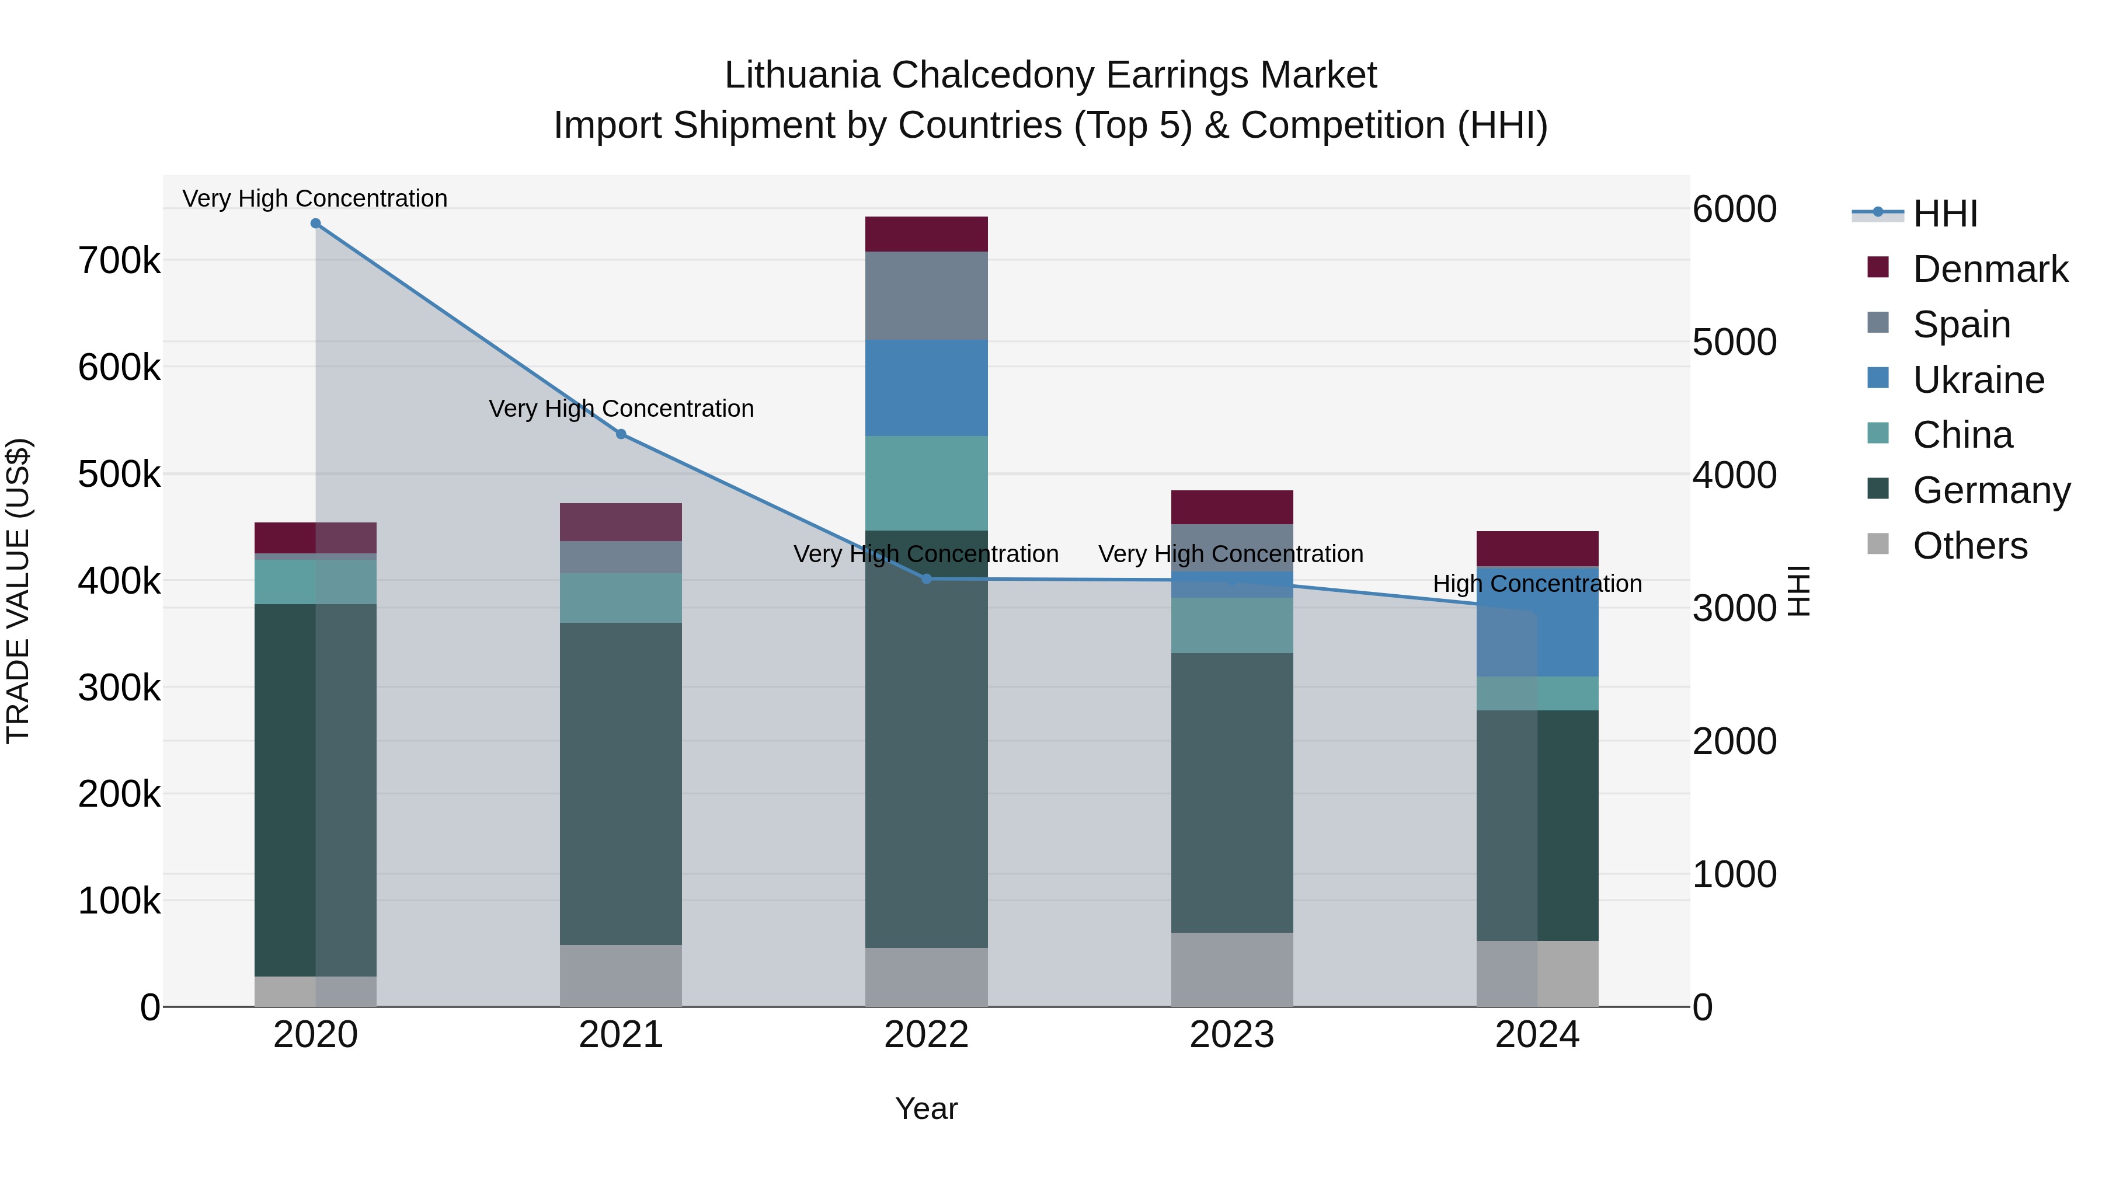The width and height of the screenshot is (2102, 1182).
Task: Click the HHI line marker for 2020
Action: click(x=316, y=224)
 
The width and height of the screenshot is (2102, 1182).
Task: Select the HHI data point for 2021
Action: click(x=621, y=434)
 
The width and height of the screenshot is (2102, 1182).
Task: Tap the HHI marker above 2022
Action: click(x=926, y=579)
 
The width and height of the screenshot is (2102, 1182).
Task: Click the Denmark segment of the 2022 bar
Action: click(x=926, y=234)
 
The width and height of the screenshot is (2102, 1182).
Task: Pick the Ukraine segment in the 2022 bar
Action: click(x=926, y=388)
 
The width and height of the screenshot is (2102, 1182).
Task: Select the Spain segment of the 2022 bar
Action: click(x=926, y=295)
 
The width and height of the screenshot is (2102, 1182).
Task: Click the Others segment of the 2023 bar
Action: click(x=1231, y=969)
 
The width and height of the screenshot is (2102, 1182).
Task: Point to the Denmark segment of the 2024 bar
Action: click(x=1537, y=548)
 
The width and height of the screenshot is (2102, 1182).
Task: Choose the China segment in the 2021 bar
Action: click(x=621, y=598)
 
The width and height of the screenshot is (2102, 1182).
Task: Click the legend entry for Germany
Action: click(x=1990, y=490)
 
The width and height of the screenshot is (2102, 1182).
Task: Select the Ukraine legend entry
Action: click(x=1978, y=380)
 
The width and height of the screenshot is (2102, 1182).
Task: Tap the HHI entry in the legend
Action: click(x=1944, y=214)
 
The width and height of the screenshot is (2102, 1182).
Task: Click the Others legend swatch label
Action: click(x=1969, y=546)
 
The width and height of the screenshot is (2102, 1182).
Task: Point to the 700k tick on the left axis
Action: click(x=119, y=261)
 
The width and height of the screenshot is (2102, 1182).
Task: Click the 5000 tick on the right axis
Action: click(x=1734, y=342)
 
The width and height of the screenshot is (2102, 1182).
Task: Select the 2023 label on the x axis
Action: click(x=1231, y=1034)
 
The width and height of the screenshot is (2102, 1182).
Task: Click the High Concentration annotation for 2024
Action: click(x=1537, y=584)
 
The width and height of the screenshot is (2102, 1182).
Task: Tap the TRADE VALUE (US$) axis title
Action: click(x=18, y=591)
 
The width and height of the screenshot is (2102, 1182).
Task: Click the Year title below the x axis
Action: click(x=926, y=1108)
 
